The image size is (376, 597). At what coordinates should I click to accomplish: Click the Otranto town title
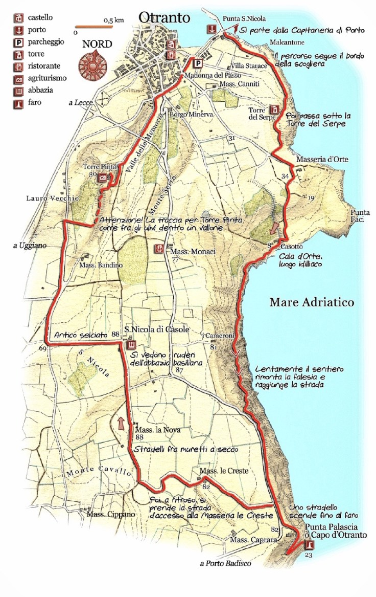(164, 18)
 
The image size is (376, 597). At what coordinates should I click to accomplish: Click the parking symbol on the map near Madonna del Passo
(197, 63)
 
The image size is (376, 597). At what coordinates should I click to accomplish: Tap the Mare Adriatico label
(312, 302)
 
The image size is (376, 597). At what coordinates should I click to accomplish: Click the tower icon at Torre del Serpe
(274, 110)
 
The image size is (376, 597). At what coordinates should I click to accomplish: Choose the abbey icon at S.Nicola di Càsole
(129, 345)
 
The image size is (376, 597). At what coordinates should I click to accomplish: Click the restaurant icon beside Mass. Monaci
(159, 249)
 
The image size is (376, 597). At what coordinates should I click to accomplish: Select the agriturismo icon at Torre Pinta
(104, 177)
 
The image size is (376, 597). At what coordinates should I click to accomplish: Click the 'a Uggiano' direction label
(30, 246)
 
